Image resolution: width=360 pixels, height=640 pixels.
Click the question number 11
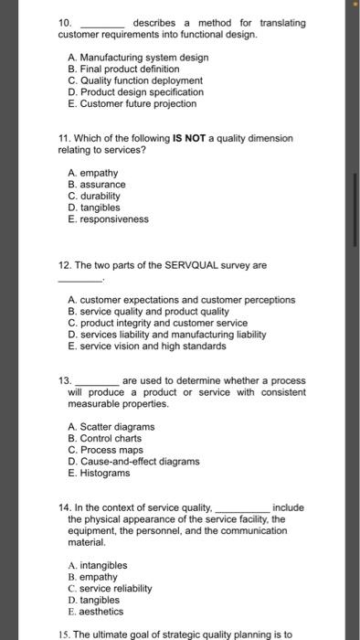coord(63,138)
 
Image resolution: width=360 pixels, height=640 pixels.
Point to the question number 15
coord(63,633)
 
